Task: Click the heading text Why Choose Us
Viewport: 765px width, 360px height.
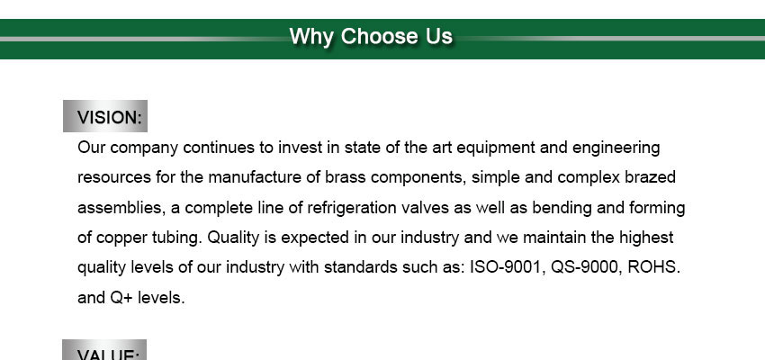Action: (x=371, y=37)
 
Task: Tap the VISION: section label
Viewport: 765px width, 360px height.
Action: (x=110, y=118)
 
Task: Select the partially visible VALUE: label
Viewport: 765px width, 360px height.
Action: (x=109, y=354)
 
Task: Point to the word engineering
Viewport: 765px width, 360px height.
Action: (x=616, y=148)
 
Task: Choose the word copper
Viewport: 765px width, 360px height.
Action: (x=118, y=238)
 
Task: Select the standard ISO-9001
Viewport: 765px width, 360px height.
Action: (x=507, y=268)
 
